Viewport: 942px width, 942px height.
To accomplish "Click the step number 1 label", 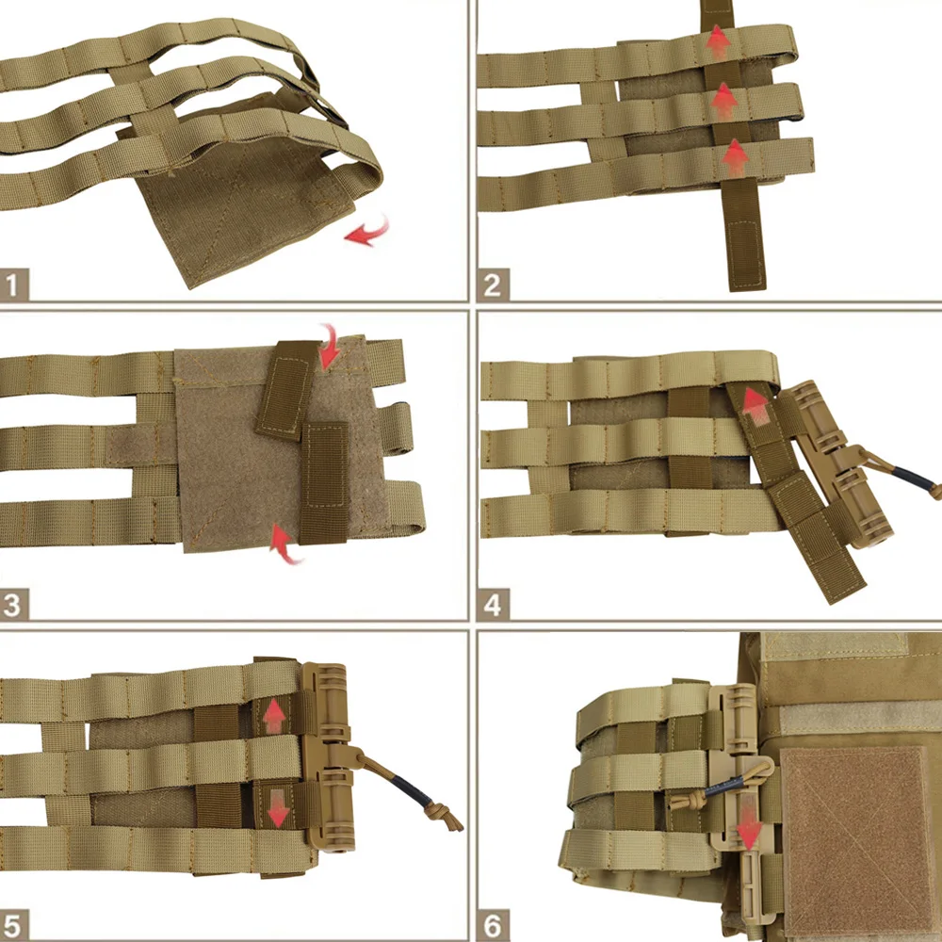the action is (14, 284).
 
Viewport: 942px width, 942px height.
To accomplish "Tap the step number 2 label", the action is (493, 284).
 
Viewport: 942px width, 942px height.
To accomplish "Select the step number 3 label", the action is (14, 605).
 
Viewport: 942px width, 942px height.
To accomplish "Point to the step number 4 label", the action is (493, 605).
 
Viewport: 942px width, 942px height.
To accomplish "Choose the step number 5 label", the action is (14, 925).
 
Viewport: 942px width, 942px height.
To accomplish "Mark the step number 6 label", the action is (493, 925).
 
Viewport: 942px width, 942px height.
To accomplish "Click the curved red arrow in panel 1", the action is (367, 232).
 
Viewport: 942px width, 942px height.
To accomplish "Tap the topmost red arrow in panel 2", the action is (718, 42).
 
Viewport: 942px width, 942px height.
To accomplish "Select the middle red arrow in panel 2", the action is (723, 101).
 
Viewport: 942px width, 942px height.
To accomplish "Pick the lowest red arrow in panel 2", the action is (736, 158).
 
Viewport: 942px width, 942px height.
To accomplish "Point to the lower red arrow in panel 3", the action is (284, 544).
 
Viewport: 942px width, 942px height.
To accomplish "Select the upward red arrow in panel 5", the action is (274, 716).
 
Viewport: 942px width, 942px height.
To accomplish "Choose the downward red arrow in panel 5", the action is (278, 808).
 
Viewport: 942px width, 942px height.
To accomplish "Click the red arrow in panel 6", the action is (749, 830).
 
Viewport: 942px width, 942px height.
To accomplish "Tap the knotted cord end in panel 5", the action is (444, 817).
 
